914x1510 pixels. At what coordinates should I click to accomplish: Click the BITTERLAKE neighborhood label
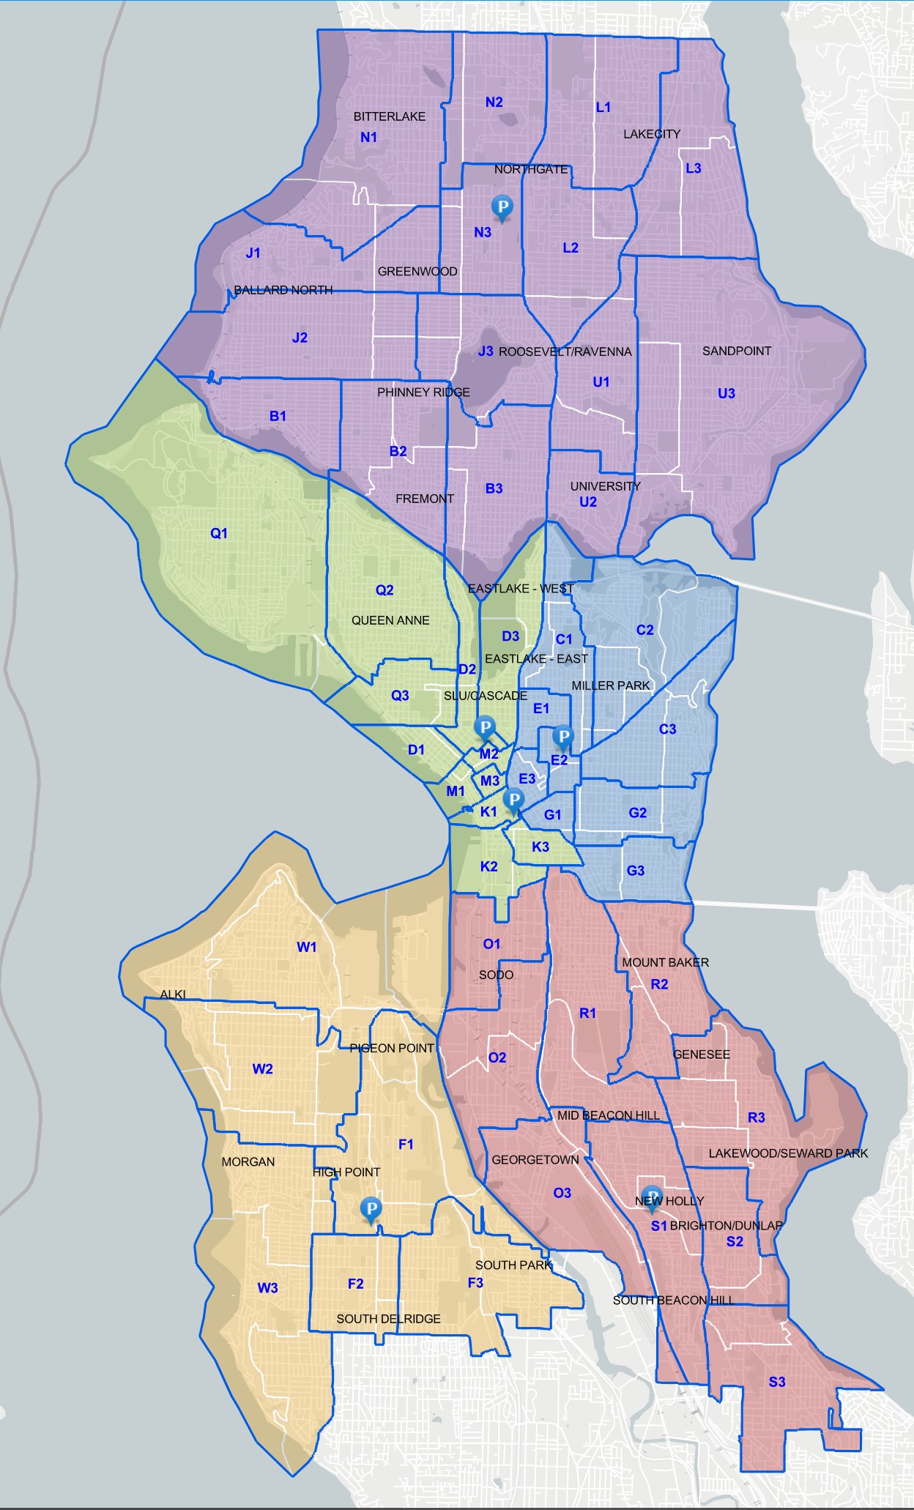(x=389, y=116)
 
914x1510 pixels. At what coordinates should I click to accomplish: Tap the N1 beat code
(x=368, y=137)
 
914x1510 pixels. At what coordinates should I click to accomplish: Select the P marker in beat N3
(x=502, y=207)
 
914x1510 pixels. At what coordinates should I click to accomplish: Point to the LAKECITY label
(x=651, y=134)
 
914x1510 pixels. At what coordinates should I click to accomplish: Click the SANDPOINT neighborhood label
(x=736, y=351)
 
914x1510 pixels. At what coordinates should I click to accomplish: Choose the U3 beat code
(x=726, y=393)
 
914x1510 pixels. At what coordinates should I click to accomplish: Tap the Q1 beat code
(x=219, y=533)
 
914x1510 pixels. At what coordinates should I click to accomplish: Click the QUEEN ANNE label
(x=390, y=620)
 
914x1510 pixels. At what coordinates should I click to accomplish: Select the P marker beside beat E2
(x=563, y=736)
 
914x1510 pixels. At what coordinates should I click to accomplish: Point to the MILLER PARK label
(x=611, y=685)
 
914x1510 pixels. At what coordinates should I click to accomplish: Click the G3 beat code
(x=635, y=871)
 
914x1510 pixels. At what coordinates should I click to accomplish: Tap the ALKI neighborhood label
(x=173, y=994)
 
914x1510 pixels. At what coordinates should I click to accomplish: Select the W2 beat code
(x=262, y=1069)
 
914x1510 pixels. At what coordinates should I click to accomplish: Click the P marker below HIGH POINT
(x=371, y=1209)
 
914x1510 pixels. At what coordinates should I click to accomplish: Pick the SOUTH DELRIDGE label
(x=388, y=1319)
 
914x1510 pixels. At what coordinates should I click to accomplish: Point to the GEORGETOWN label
(x=535, y=1160)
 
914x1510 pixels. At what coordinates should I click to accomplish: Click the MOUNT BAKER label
(x=665, y=962)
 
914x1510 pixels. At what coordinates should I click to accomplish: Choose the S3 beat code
(x=776, y=1382)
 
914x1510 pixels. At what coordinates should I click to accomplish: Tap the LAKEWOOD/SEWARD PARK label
(x=787, y=1153)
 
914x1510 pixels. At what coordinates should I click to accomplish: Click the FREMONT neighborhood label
(x=424, y=499)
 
